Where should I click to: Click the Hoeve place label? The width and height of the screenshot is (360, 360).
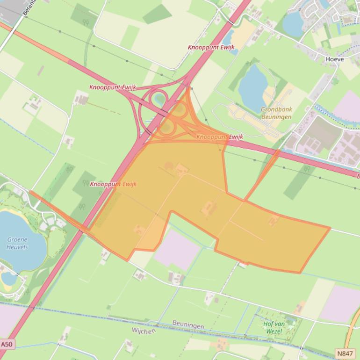pos(334,59)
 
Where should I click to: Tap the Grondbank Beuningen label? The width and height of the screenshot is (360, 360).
pos(276,113)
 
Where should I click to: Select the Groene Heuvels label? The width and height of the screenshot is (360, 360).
pos(17,243)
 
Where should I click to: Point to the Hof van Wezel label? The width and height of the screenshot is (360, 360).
pos(274,327)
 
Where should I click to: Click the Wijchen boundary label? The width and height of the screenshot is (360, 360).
pos(143,330)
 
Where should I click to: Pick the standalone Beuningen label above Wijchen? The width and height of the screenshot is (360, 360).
pos(188,323)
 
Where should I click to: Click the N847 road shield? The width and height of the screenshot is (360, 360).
pos(345,353)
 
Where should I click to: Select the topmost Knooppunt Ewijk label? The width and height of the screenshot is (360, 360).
pos(211,47)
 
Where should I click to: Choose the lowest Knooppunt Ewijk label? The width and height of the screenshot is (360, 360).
pos(113,184)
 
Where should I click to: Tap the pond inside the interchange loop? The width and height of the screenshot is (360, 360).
pos(160,98)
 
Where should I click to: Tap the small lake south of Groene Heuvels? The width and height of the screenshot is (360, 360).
pos(8,278)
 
